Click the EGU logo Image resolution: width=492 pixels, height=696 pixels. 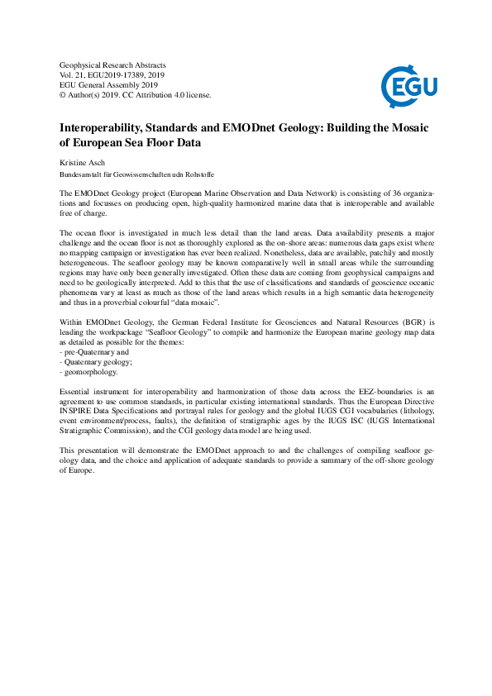click(408, 84)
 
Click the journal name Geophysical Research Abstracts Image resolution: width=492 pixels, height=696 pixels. click(113, 64)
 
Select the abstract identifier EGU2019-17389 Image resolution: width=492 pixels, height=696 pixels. click(121, 74)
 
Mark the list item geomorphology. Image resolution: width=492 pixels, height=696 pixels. click(91, 371)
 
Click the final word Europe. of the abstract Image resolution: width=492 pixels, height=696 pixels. click(77, 470)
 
